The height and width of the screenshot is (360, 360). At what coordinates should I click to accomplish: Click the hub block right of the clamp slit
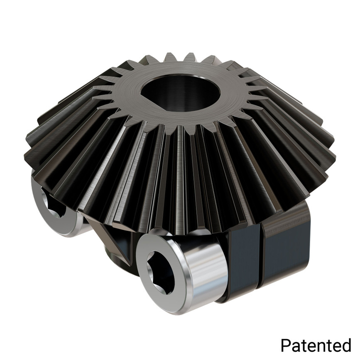(287, 249)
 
